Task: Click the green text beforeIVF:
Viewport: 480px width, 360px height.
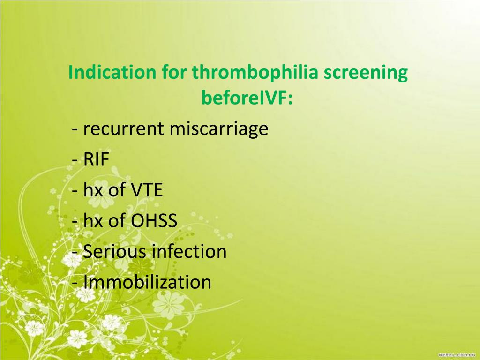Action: (x=247, y=98)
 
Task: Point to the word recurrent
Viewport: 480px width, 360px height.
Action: (x=124, y=129)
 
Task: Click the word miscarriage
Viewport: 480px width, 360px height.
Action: (x=218, y=129)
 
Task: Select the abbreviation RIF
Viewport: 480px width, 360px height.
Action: (x=96, y=160)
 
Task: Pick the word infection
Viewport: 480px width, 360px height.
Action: (x=189, y=252)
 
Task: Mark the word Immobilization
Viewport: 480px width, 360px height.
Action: (x=147, y=282)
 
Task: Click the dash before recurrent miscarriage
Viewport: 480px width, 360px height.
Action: (x=75, y=130)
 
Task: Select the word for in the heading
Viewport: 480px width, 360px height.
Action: (x=174, y=73)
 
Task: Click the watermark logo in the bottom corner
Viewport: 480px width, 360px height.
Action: (x=457, y=355)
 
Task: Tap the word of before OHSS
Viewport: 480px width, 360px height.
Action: (x=117, y=221)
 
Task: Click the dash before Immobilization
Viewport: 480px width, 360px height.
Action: (x=75, y=283)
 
